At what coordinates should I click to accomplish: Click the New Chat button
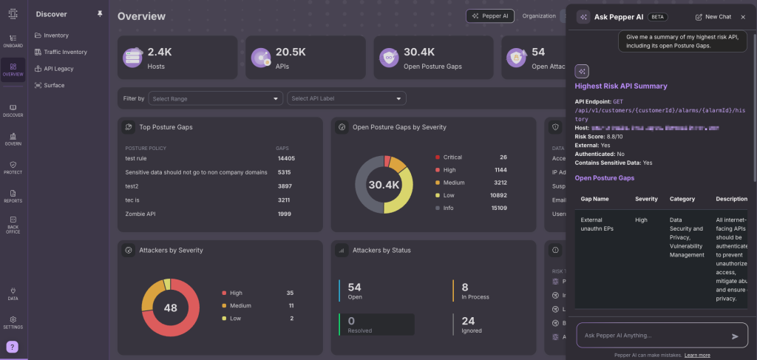click(x=713, y=16)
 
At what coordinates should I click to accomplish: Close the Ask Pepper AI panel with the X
click(x=742, y=16)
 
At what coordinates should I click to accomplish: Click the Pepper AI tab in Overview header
click(x=490, y=16)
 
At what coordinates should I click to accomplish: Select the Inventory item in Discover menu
click(x=55, y=35)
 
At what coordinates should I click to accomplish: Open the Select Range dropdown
click(x=215, y=98)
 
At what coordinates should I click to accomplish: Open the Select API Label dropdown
click(x=347, y=98)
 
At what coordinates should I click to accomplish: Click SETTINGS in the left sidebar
click(x=13, y=322)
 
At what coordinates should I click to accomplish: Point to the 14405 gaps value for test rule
click(x=286, y=158)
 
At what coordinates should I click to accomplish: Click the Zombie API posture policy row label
click(x=140, y=214)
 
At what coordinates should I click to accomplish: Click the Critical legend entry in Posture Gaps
click(x=452, y=157)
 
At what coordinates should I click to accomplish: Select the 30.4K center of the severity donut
click(x=384, y=185)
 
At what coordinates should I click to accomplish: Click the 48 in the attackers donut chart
click(x=171, y=308)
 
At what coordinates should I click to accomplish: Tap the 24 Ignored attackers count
click(x=468, y=321)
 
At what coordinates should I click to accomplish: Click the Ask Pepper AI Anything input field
click(x=651, y=336)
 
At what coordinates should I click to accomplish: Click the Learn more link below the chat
click(x=697, y=355)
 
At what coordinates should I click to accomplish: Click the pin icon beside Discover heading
click(x=101, y=14)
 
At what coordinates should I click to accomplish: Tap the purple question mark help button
click(x=13, y=347)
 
